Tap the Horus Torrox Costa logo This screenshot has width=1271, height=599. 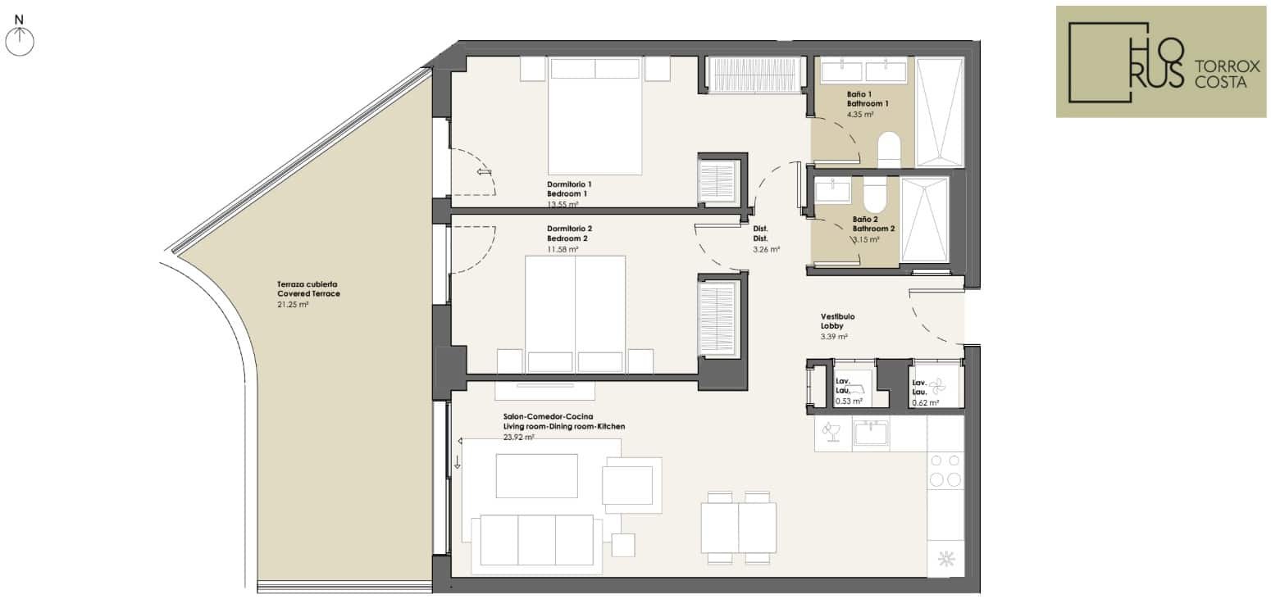coord(1161,61)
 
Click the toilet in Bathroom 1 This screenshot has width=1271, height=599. coord(889,150)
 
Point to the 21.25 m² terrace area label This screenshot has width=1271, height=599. coord(293,305)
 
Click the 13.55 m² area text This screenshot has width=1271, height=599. coord(563,204)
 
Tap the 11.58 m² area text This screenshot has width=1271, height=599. coord(563,250)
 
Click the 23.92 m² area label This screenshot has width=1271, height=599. coord(518,438)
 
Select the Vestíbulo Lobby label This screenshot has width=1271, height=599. coord(837,321)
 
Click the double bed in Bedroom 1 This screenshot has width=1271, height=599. coord(594,116)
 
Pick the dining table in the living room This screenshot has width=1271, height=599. coord(738,528)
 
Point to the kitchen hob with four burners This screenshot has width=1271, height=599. coord(945,471)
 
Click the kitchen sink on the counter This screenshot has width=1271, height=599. coord(871,433)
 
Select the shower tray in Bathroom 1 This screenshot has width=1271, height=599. coord(941,111)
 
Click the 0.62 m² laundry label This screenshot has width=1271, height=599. coord(925,403)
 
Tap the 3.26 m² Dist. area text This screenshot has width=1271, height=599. coord(766,250)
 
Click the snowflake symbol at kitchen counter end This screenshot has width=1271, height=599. coord(946,560)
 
